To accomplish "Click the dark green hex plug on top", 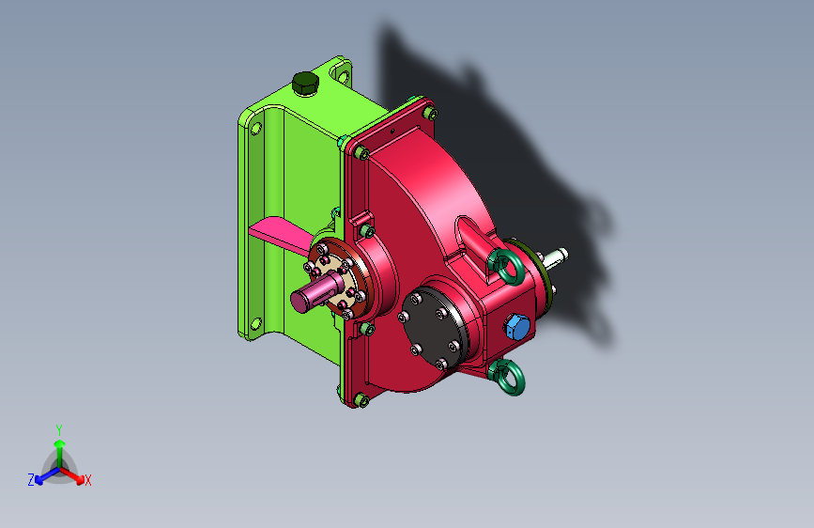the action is click(x=305, y=84).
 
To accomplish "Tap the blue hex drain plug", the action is click(x=517, y=327).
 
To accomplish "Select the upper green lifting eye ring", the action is click(x=506, y=267).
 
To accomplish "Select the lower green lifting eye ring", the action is click(x=507, y=377).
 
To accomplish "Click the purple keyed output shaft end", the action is click(x=315, y=294).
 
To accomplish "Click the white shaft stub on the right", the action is click(x=556, y=256).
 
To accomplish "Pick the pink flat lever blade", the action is click(x=281, y=234).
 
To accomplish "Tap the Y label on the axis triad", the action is click(x=59, y=430).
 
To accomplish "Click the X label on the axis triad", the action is click(x=87, y=480).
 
